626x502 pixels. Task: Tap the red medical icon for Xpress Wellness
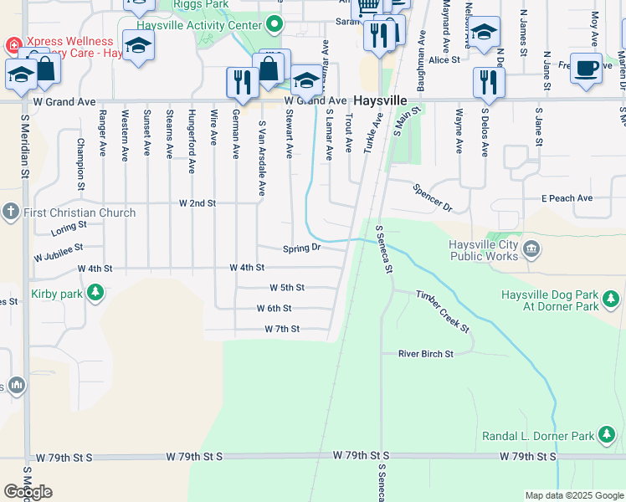tap(13, 43)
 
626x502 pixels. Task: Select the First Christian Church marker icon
tap(11, 213)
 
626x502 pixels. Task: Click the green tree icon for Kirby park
tap(96, 294)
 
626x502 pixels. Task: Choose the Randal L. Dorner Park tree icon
tap(608, 436)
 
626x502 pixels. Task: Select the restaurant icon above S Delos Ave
tap(489, 81)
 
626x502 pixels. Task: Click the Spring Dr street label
tap(301, 248)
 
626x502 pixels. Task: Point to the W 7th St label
tap(282, 330)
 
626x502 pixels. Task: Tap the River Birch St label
tap(425, 354)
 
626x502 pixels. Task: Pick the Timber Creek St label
tap(443, 311)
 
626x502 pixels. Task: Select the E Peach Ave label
tap(567, 198)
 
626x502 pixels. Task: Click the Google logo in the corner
tap(28, 491)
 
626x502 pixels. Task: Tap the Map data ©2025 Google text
tap(573, 495)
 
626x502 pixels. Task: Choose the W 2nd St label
tap(198, 202)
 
